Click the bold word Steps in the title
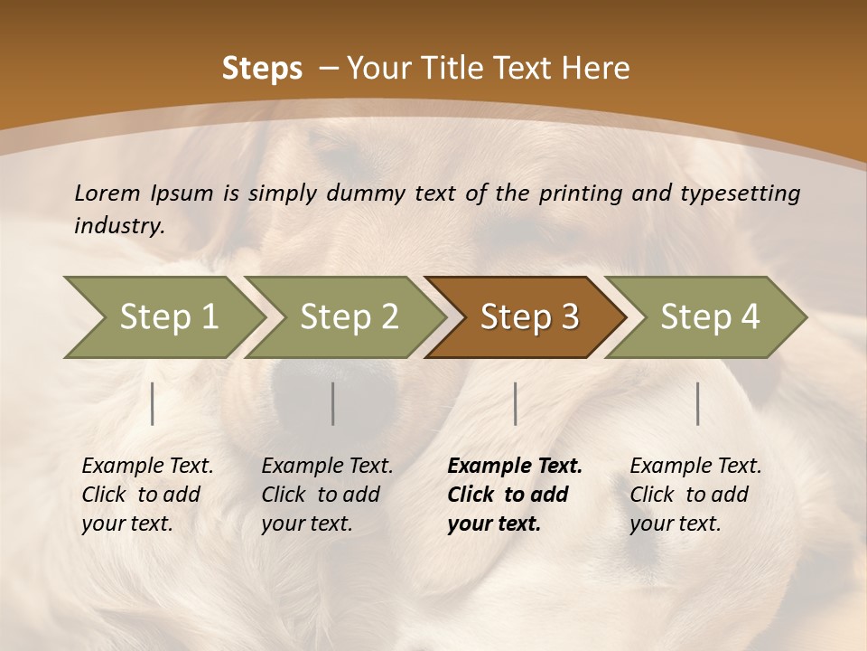pyautogui.click(x=262, y=69)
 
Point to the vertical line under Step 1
pyautogui.click(x=153, y=403)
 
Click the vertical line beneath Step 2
pyautogui.click(x=333, y=403)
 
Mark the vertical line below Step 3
pyautogui.click(x=516, y=403)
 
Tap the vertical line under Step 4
pyautogui.click(x=698, y=403)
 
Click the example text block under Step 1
pyautogui.click(x=147, y=495)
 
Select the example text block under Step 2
pyautogui.click(x=327, y=495)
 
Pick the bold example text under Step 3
pyautogui.click(x=515, y=495)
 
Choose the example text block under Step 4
pyautogui.click(x=695, y=495)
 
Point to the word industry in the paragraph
pyautogui.click(x=119, y=226)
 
